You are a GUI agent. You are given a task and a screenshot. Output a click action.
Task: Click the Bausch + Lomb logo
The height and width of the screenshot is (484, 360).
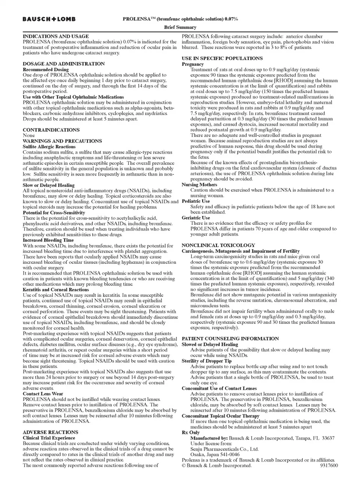pos(49,19)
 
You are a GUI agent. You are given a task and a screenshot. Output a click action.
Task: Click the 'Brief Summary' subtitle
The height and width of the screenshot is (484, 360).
pos(180,27)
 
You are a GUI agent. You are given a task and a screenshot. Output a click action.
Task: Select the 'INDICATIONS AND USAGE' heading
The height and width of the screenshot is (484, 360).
pos(56,36)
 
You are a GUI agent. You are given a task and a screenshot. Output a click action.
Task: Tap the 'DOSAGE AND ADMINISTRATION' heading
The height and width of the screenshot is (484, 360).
pos(64,64)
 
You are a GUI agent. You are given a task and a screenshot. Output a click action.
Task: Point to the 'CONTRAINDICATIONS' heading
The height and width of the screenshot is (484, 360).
pos(51,130)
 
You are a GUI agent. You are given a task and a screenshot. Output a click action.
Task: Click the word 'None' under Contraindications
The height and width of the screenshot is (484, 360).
pos(29,135)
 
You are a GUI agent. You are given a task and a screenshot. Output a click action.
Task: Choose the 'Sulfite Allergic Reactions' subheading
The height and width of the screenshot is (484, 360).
pos(49,147)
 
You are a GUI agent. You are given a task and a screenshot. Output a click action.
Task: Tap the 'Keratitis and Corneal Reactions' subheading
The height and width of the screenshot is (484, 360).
pos(56,290)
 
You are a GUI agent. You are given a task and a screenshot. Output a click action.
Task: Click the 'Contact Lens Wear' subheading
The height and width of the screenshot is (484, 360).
pos(43,394)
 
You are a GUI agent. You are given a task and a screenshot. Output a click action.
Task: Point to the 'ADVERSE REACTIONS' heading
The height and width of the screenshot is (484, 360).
pos(50,432)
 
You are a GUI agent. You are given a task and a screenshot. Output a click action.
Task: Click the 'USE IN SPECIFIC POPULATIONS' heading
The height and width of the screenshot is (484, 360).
pos(222,59)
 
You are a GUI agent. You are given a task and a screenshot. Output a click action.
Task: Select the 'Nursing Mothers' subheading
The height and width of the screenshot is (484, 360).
pos(199,185)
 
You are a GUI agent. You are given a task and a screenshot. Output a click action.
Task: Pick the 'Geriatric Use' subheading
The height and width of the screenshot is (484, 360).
pos(196,218)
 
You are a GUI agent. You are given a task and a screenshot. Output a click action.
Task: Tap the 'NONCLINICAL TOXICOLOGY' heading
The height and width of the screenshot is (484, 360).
pos(218,245)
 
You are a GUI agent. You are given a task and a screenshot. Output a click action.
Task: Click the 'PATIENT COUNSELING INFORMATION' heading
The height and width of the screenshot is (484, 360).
pos(230,339)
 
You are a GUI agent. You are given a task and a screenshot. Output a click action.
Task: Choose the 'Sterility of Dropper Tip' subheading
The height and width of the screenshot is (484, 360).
pos(207,361)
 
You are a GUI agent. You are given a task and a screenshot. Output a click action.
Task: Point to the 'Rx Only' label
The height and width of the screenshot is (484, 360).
pos(191,433)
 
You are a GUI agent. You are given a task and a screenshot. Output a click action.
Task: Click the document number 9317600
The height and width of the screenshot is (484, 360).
pos(329,466)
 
